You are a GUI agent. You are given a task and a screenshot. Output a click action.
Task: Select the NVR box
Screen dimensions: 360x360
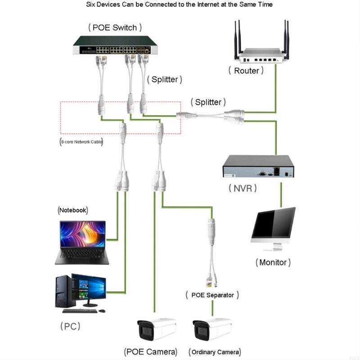[259, 166]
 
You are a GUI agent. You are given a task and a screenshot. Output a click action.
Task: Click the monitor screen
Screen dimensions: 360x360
[273, 223]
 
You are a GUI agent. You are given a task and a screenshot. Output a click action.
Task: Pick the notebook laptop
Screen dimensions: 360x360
[82, 242]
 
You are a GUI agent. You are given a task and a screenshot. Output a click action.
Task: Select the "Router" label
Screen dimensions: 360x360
[246, 71]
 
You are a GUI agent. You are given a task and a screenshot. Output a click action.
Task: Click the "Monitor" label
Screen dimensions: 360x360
[273, 262]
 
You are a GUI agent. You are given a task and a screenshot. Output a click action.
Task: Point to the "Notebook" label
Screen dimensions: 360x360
[73, 210]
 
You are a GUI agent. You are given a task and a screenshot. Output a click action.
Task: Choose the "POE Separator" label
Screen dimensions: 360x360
[212, 295]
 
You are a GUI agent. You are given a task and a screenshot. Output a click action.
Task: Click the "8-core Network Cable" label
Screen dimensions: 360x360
[82, 142]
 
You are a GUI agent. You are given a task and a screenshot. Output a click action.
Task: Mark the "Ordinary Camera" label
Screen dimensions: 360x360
[215, 351]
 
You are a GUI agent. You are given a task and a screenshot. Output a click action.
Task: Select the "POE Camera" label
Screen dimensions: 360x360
[151, 351]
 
